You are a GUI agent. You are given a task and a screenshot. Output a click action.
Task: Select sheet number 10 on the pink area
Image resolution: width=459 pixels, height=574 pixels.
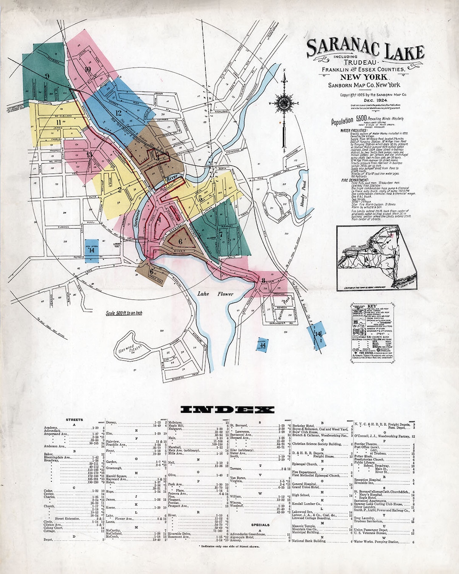tap(88, 70)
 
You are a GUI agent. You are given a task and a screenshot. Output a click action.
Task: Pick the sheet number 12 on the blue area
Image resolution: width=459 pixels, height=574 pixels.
tap(118, 113)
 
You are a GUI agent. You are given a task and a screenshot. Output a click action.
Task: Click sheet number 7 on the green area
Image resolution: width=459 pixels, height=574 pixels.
tap(221, 233)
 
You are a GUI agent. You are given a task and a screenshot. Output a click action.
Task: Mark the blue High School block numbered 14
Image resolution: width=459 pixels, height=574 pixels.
tap(91, 250)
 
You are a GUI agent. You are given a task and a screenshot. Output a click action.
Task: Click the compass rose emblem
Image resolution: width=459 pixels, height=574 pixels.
tap(283, 102)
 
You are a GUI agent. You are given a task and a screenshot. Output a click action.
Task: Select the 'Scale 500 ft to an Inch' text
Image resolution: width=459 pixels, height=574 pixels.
tap(124, 314)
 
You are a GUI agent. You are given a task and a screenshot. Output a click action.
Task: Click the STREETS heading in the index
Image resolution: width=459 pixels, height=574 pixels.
tap(74, 420)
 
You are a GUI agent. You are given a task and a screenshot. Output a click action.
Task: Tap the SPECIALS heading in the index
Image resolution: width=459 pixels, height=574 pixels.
tap(261, 525)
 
